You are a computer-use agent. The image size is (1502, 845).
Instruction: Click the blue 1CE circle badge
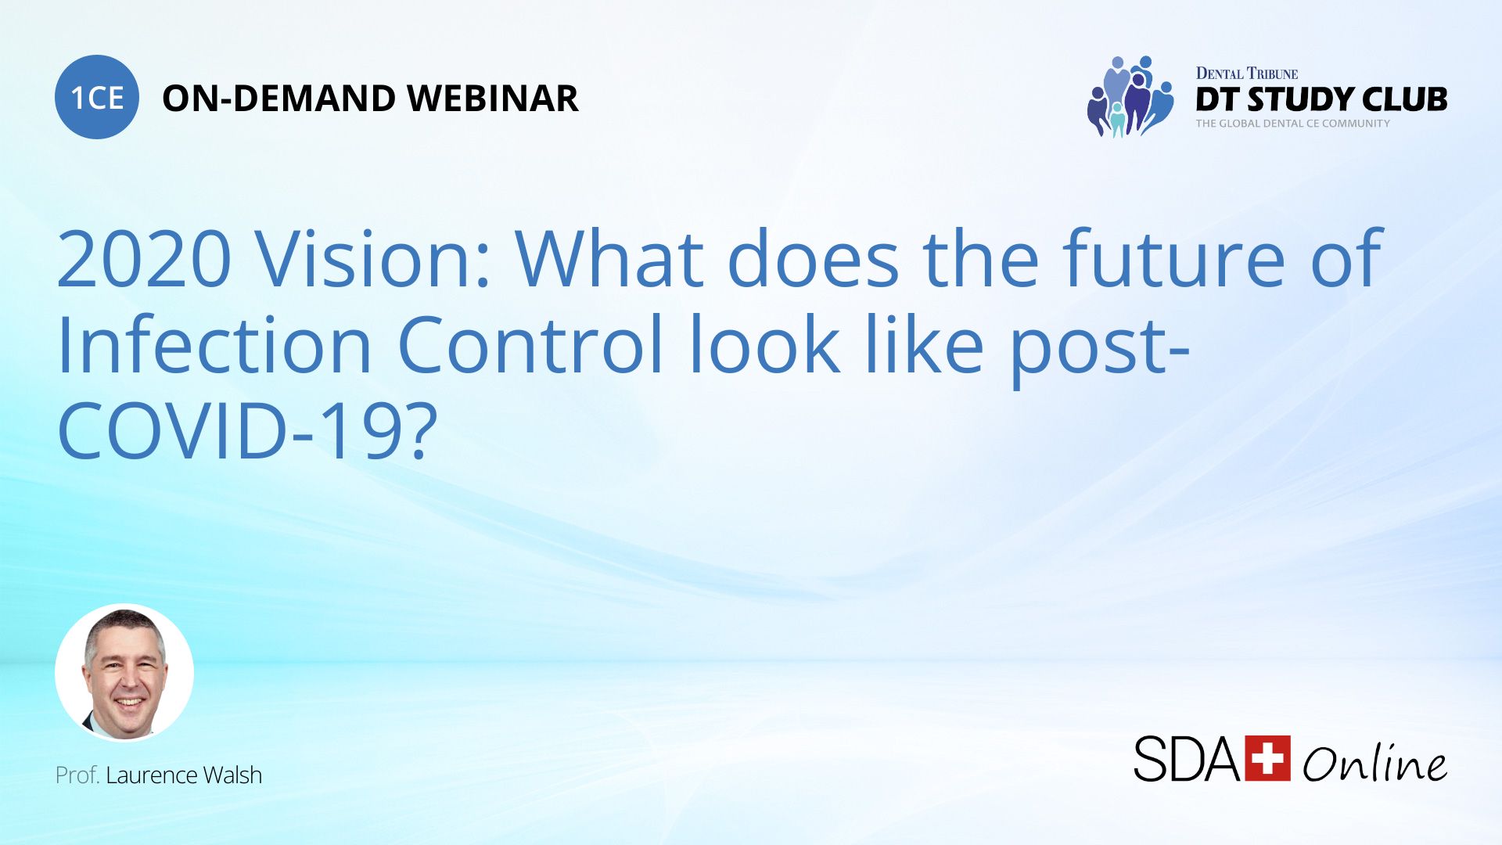tap(97, 97)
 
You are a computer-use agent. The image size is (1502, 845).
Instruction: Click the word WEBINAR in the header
tap(492, 99)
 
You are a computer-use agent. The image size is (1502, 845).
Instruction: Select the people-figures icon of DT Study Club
tap(1130, 97)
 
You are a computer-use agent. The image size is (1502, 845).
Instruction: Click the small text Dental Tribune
tap(1246, 74)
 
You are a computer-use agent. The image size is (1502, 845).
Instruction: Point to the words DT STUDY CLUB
tap(1321, 99)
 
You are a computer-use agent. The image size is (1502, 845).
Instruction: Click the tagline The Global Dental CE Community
tap(1292, 124)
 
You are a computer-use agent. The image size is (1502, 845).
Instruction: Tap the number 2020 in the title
tap(145, 259)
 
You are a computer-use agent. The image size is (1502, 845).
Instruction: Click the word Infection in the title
tap(214, 345)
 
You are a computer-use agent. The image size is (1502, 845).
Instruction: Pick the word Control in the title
tap(530, 345)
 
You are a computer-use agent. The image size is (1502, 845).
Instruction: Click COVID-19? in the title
tap(247, 431)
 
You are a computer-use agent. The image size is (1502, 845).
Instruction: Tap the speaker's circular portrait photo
tap(124, 673)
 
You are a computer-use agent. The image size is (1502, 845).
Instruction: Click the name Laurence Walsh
tap(184, 775)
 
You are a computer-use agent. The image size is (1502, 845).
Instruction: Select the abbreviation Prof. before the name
tap(77, 775)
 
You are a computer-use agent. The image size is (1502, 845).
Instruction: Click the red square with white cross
tap(1267, 758)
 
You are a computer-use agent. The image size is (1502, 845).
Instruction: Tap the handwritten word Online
tap(1374, 762)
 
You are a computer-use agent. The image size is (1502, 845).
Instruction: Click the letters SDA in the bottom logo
tap(1187, 759)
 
